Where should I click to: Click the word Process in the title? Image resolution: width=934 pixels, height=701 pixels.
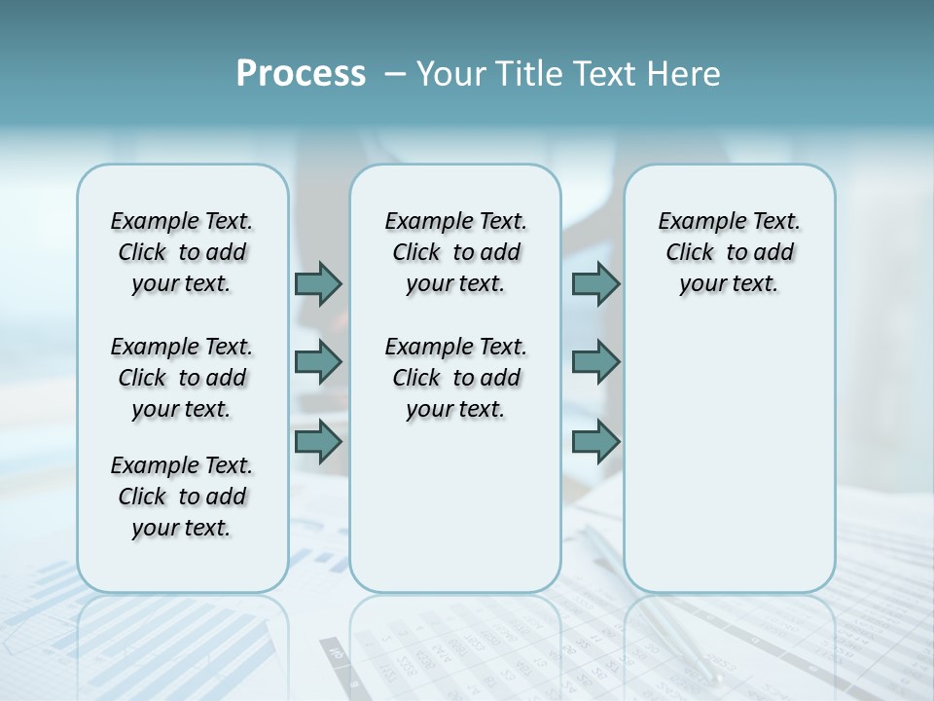301,74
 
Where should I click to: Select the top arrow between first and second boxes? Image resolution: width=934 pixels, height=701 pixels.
318,284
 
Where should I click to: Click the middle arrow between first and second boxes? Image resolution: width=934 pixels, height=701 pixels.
318,362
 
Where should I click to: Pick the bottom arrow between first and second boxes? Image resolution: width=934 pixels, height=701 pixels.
318,442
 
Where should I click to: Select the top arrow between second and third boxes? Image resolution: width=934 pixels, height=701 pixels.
595,284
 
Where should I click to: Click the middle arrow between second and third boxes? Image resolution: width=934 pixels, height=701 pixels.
595,362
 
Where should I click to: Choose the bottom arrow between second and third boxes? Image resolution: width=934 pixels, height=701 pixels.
595,442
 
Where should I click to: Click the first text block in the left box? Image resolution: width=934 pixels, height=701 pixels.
182,252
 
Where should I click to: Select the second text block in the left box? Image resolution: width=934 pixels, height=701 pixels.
182,378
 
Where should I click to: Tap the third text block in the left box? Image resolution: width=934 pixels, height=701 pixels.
182,497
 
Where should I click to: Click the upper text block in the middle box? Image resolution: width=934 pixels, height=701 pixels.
455,252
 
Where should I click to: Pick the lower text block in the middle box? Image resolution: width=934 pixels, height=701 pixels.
455,378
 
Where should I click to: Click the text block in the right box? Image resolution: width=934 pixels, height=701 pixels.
729,252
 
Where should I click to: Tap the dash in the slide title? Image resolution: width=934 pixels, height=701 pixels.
395,74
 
